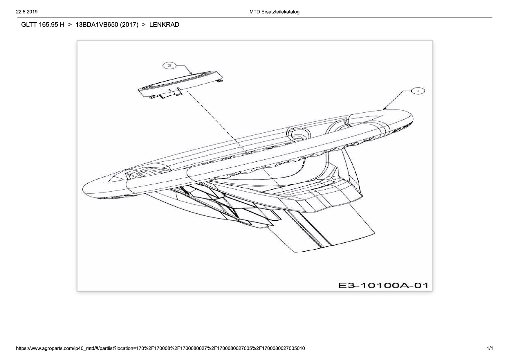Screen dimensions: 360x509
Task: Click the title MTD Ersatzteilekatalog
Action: tap(274, 12)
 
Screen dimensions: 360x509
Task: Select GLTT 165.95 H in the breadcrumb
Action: tap(43, 25)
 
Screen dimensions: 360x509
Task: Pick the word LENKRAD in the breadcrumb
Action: tap(164, 25)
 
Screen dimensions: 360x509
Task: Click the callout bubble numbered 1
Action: tap(418, 91)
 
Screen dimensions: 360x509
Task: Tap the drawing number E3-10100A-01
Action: tap(383, 285)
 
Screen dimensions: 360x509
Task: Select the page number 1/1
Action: tap(490, 348)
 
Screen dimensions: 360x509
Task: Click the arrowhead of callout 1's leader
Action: tap(385, 109)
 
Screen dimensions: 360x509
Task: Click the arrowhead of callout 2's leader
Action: tap(191, 73)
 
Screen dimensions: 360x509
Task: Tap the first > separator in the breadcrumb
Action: tap(70, 25)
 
